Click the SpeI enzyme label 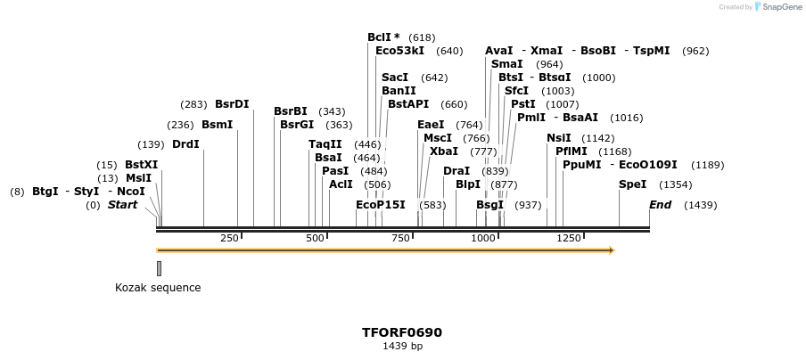[632, 184]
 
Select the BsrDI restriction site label [232, 104]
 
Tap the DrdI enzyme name [185, 144]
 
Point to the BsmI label [217, 125]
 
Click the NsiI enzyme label [558, 138]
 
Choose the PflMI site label [572, 151]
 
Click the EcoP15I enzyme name [381, 205]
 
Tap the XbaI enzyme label [443, 151]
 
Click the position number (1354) [675, 184]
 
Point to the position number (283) [193, 104]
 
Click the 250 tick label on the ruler [229, 238]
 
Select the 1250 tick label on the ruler [568, 238]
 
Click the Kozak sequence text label [158, 288]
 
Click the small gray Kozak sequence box [159, 268]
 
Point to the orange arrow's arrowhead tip [613, 250]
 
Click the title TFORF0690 [402, 332]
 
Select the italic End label [660, 205]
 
